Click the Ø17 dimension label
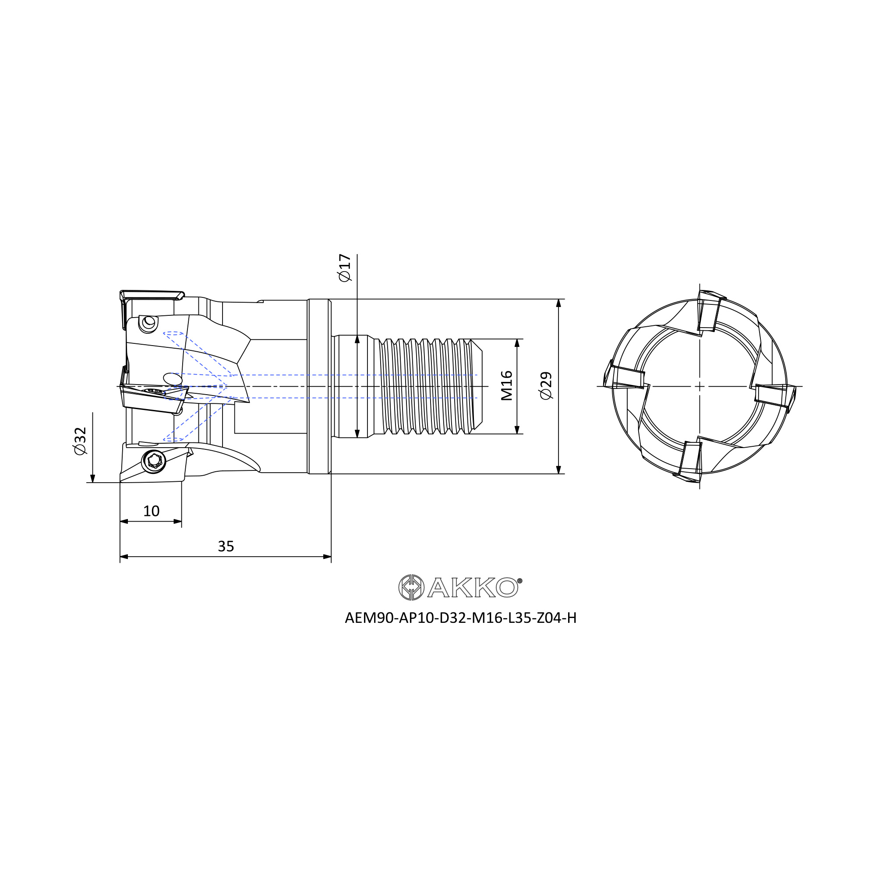[345, 268]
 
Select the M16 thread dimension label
[506, 385]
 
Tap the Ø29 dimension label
[546, 386]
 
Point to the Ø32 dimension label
[80, 441]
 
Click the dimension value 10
[151, 512]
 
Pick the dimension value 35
[226, 546]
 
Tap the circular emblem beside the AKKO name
[411, 587]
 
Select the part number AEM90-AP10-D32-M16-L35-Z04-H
[461, 618]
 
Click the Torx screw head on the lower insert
[154, 462]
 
